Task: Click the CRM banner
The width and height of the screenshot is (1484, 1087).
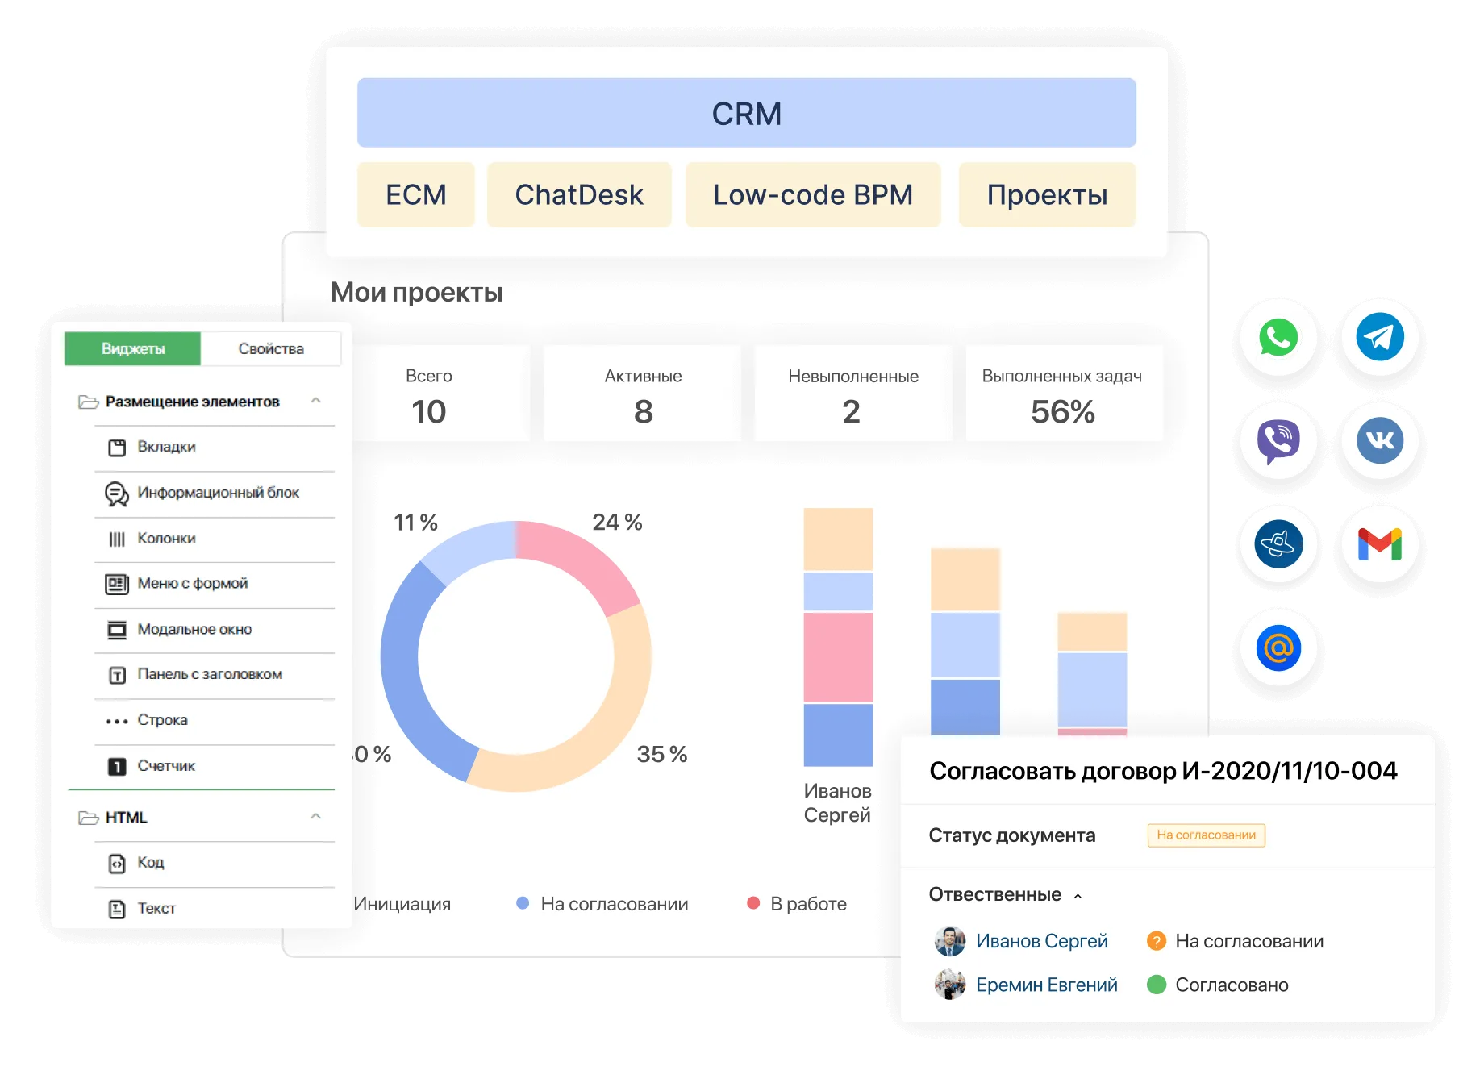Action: pyautogui.click(x=746, y=113)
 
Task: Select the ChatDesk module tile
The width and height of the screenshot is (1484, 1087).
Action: pyautogui.click(x=578, y=194)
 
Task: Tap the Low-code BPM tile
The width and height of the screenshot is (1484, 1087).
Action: pyautogui.click(x=812, y=194)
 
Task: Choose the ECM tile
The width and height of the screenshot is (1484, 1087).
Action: pyautogui.click(x=415, y=194)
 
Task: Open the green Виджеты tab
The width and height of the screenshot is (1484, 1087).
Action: pyautogui.click(x=133, y=348)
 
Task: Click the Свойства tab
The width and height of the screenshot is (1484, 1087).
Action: pyautogui.click(x=271, y=348)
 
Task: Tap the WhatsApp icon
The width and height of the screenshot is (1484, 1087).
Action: pyautogui.click(x=1278, y=337)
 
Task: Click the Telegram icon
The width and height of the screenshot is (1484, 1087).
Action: pyautogui.click(x=1380, y=337)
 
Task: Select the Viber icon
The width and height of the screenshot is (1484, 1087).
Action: pyautogui.click(x=1278, y=440)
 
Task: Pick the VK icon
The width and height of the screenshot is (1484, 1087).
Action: pyautogui.click(x=1380, y=440)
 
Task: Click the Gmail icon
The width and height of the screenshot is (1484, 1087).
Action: pyautogui.click(x=1380, y=543)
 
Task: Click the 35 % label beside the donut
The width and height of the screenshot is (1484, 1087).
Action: pyautogui.click(x=661, y=754)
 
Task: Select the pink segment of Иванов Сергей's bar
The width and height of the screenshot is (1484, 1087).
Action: pyautogui.click(x=838, y=656)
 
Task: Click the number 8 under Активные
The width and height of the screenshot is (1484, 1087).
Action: pyautogui.click(x=643, y=412)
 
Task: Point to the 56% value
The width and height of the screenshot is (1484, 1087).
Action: pyautogui.click(x=1062, y=412)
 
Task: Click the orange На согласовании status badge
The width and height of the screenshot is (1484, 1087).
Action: pyautogui.click(x=1206, y=835)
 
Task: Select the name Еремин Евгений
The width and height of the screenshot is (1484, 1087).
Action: pyautogui.click(x=1046, y=985)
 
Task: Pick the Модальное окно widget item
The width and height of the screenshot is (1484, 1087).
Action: pyautogui.click(x=194, y=629)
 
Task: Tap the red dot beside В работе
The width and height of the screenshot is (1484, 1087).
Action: pyautogui.click(x=753, y=903)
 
